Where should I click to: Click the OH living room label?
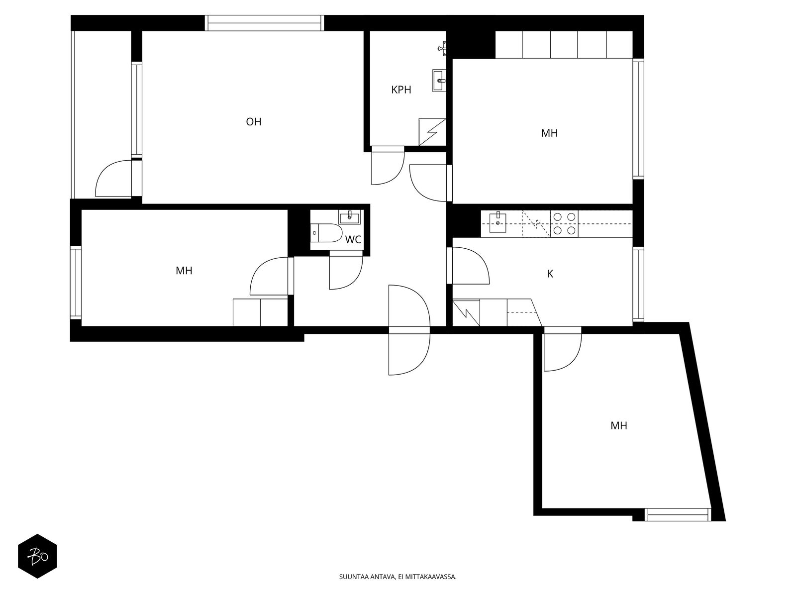click(x=254, y=122)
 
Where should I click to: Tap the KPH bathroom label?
click(x=401, y=90)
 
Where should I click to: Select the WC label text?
click(x=353, y=240)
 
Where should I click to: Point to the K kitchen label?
click(x=550, y=274)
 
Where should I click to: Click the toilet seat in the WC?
click(x=330, y=233)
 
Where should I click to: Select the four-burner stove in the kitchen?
click(x=564, y=224)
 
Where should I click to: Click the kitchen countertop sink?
click(x=498, y=222)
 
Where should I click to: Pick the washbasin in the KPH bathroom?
click(x=439, y=81)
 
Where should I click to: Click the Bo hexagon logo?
click(x=38, y=556)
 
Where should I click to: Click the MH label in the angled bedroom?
click(x=619, y=425)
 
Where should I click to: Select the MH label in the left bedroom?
click(x=184, y=271)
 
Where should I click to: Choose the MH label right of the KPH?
click(x=549, y=133)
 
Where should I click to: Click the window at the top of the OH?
click(x=265, y=23)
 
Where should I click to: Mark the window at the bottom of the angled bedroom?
click(x=678, y=514)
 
